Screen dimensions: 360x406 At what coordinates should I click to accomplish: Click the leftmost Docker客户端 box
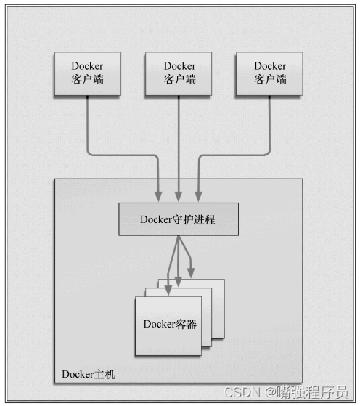point(88,74)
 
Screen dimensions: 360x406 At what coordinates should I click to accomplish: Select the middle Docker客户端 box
point(179,74)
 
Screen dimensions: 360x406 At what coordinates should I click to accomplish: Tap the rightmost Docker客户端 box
point(269,74)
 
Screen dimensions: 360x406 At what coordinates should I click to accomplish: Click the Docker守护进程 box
point(179,219)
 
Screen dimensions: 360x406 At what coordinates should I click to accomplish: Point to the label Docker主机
point(89,375)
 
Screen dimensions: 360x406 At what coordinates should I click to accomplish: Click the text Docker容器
point(170,324)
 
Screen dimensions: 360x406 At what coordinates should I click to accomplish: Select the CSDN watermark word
point(242,392)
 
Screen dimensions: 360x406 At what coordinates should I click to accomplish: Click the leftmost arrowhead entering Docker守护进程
point(158,197)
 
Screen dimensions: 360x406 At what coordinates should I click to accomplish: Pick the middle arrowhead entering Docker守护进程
point(179,197)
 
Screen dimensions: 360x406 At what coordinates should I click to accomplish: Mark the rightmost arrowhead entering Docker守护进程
point(198,197)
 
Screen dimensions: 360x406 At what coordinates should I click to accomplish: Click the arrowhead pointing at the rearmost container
point(191,273)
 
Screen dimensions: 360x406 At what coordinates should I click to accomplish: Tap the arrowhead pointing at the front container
point(168,291)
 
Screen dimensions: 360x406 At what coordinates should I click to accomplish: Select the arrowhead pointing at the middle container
point(178,282)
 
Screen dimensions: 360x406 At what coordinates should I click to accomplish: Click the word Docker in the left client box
point(87,66)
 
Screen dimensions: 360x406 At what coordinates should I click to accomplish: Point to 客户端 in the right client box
point(270,79)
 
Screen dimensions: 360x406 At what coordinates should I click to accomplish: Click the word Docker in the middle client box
point(179,66)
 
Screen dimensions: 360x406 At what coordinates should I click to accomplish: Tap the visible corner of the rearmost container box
point(224,280)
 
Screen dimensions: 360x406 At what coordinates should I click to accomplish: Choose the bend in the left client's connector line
point(89,153)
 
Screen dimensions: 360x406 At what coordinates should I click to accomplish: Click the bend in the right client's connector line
point(268,153)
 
